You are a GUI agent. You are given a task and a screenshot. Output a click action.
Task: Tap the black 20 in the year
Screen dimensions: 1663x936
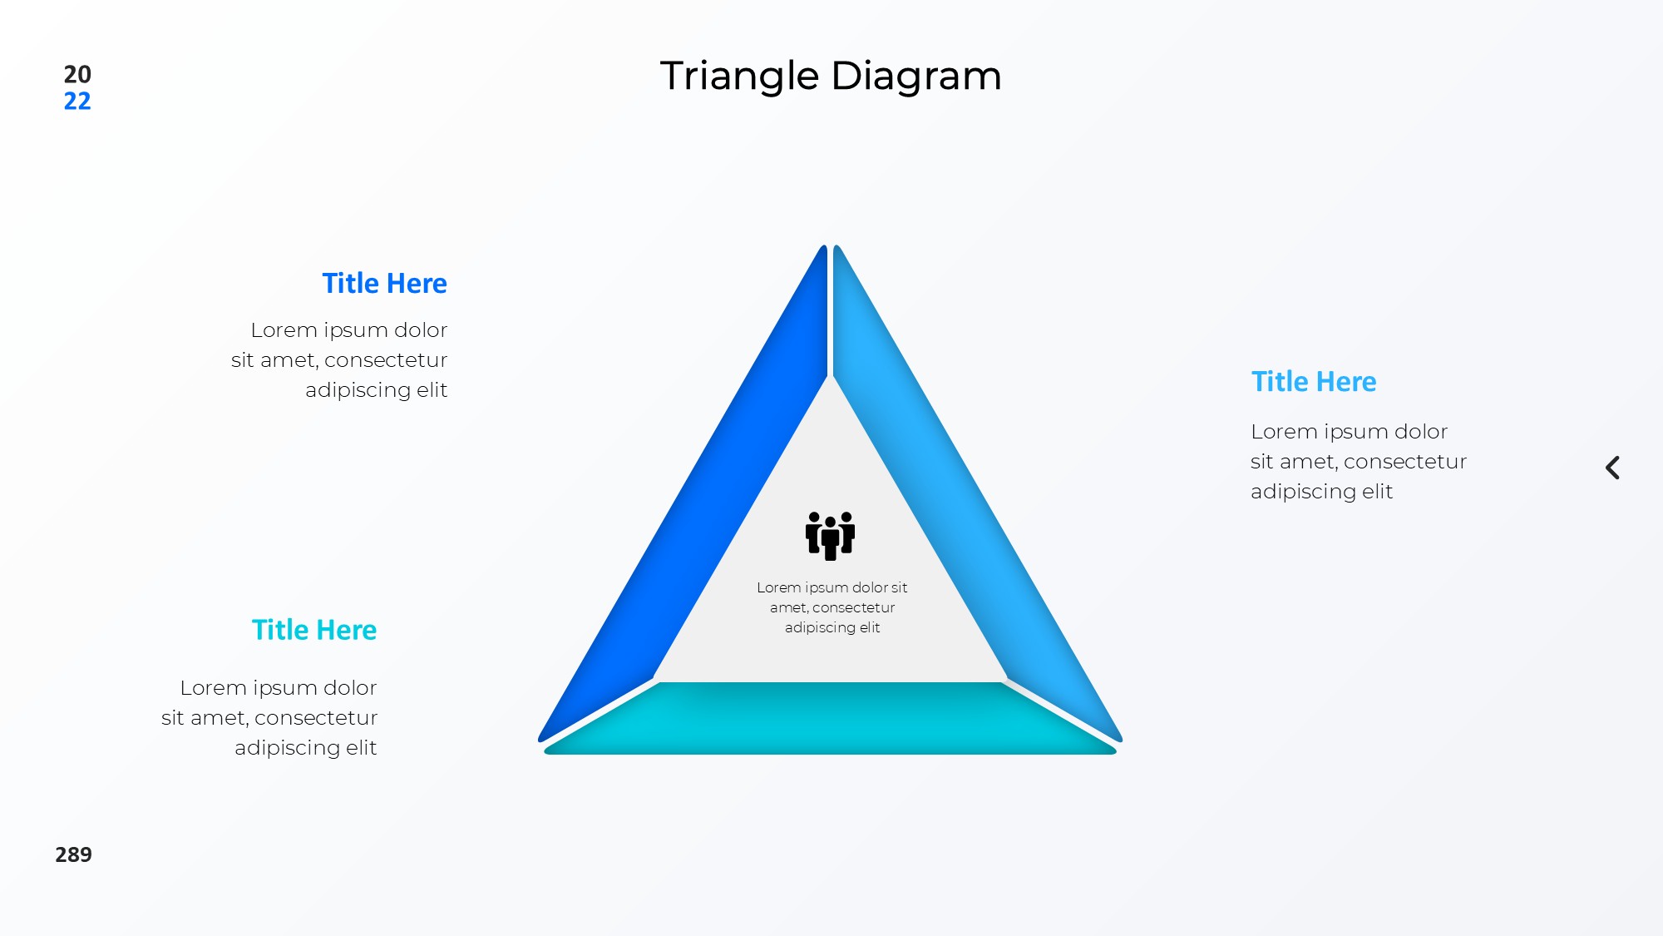pos(77,74)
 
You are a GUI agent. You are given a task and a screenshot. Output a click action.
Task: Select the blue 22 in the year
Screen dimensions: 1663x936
pos(77,101)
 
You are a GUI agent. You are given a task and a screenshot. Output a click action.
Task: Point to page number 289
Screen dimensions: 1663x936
pos(73,854)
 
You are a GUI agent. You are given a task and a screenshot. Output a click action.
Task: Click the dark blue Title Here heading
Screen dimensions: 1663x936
pos(384,284)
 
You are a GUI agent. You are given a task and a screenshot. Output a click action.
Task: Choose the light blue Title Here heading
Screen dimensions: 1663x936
pos(1314,382)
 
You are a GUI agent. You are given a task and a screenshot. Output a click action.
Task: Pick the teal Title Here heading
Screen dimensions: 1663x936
pos(314,630)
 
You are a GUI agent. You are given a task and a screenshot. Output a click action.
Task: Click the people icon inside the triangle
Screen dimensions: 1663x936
pos(830,535)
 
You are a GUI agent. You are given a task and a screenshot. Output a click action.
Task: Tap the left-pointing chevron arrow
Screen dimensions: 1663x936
pos(1612,468)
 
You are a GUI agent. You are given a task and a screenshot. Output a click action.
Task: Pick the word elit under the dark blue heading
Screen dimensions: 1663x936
pos(432,390)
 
